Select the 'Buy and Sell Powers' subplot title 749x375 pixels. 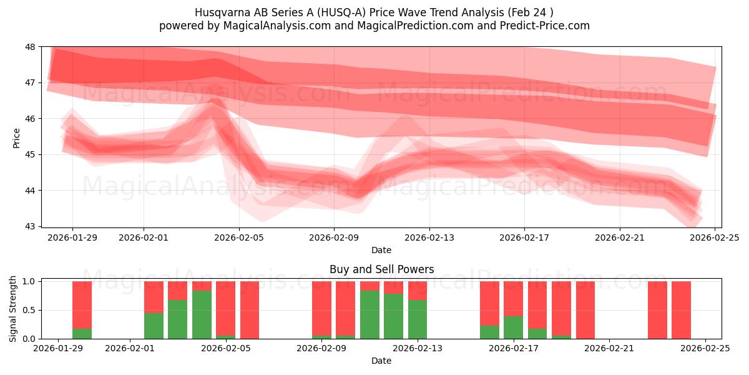(381, 270)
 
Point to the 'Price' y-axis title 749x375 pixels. (17, 137)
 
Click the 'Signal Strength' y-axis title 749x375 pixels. (13, 309)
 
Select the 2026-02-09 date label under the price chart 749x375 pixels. (334, 237)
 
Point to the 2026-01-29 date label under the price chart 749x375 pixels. (72, 237)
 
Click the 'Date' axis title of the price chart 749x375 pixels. (381, 250)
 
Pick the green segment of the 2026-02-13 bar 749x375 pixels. (418, 319)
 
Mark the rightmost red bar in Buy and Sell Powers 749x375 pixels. (681, 310)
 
